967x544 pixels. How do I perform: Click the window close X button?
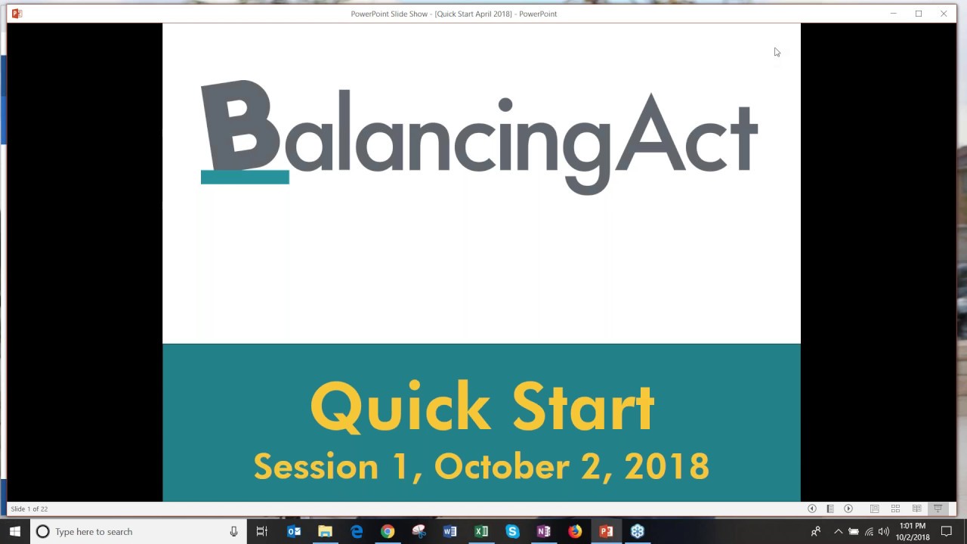point(944,14)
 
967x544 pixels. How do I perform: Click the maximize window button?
point(919,14)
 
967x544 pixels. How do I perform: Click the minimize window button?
point(893,14)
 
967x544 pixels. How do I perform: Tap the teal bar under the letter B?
point(245,178)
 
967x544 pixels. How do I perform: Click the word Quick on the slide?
point(400,407)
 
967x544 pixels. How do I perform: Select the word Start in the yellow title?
point(582,407)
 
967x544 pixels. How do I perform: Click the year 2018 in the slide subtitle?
point(667,467)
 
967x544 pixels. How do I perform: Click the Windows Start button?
point(14,532)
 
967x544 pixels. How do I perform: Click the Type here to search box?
point(136,532)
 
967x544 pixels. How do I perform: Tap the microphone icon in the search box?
point(233,532)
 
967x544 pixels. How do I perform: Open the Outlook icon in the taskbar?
point(294,532)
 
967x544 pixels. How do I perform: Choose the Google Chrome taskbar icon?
point(388,532)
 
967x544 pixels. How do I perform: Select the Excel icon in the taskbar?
point(481,532)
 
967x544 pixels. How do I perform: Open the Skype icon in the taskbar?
point(512,532)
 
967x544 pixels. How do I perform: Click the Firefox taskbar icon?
point(575,532)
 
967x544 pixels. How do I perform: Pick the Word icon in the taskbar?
point(450,532)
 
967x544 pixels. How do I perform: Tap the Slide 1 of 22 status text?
point(29,509)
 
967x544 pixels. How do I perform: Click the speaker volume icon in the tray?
point(883,532)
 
